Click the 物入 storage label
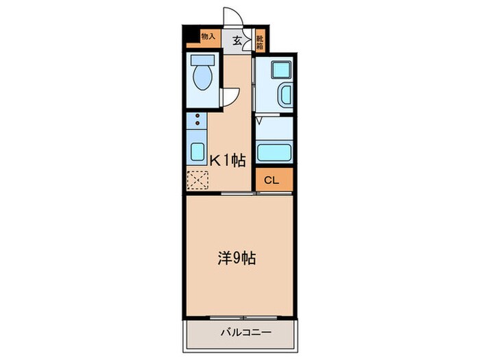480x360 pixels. tap(208, 36)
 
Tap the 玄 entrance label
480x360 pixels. tap(237, 40)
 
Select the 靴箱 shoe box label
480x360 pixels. tap(261, 38)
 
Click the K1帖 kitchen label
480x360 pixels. tap(227, 160)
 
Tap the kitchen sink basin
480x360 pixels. tap(197, 151)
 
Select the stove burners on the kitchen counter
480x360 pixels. tap(197, 122)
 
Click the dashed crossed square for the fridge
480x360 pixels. tap(197, 180)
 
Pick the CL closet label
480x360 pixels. tap(271, 181)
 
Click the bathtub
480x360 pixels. tap(274, 152)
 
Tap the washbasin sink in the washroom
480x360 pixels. tap(285, 95)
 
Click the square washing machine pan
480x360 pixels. tap(280, 70)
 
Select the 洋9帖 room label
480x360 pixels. tap(237, 259)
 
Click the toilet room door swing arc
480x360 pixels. tap(231, 97)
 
